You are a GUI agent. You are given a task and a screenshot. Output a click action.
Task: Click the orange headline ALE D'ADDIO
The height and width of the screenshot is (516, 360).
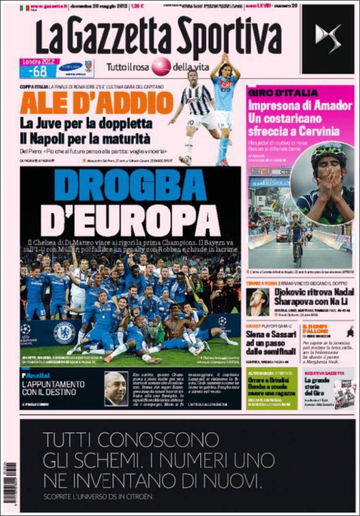point(96,104)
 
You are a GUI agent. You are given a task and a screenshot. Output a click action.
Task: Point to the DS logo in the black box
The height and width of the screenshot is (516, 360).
point(328,39)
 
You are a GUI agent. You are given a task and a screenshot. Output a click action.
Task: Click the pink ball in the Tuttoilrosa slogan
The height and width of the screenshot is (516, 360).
point(161,67)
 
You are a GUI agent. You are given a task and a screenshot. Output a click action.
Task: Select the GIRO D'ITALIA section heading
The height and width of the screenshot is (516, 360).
point(283,93)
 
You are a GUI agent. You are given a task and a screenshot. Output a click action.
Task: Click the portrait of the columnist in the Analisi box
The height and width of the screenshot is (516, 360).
point(115,389)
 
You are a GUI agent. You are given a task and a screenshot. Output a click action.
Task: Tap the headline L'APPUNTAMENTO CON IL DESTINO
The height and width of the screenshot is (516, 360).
point(53,388)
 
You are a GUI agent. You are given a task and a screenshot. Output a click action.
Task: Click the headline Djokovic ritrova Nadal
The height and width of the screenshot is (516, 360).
point(312,295)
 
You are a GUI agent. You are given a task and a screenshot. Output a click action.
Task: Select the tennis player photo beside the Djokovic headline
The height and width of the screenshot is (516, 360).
point(257,302)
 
